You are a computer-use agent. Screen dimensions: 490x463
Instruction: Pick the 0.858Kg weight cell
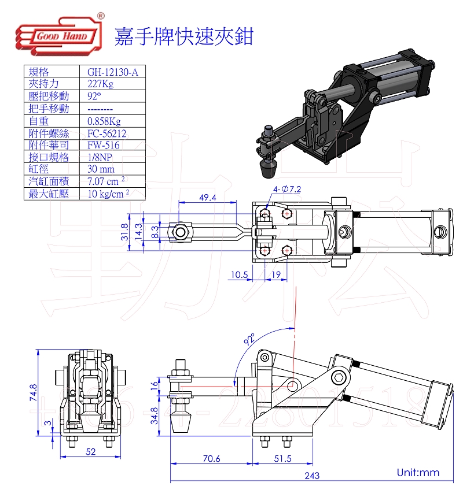[x=104, y=121]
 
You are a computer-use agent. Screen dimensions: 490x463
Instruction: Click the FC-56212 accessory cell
[x=107, y=133]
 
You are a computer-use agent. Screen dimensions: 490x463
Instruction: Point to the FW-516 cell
[x=104, y=145]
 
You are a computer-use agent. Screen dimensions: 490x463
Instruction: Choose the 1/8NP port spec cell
[x=101, y=157]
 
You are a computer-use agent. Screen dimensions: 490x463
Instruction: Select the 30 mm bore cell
[x=101, y=169]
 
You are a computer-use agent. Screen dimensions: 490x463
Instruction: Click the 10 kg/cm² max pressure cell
[x=108, y=194]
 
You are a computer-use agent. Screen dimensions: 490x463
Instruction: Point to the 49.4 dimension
[x=207, y=198]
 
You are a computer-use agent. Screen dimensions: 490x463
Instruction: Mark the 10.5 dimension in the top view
[x=238, y=274]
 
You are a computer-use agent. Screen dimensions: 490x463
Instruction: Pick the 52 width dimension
[x=90, y=452]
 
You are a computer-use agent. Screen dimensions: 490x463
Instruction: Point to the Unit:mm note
[x=418, y=473]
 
